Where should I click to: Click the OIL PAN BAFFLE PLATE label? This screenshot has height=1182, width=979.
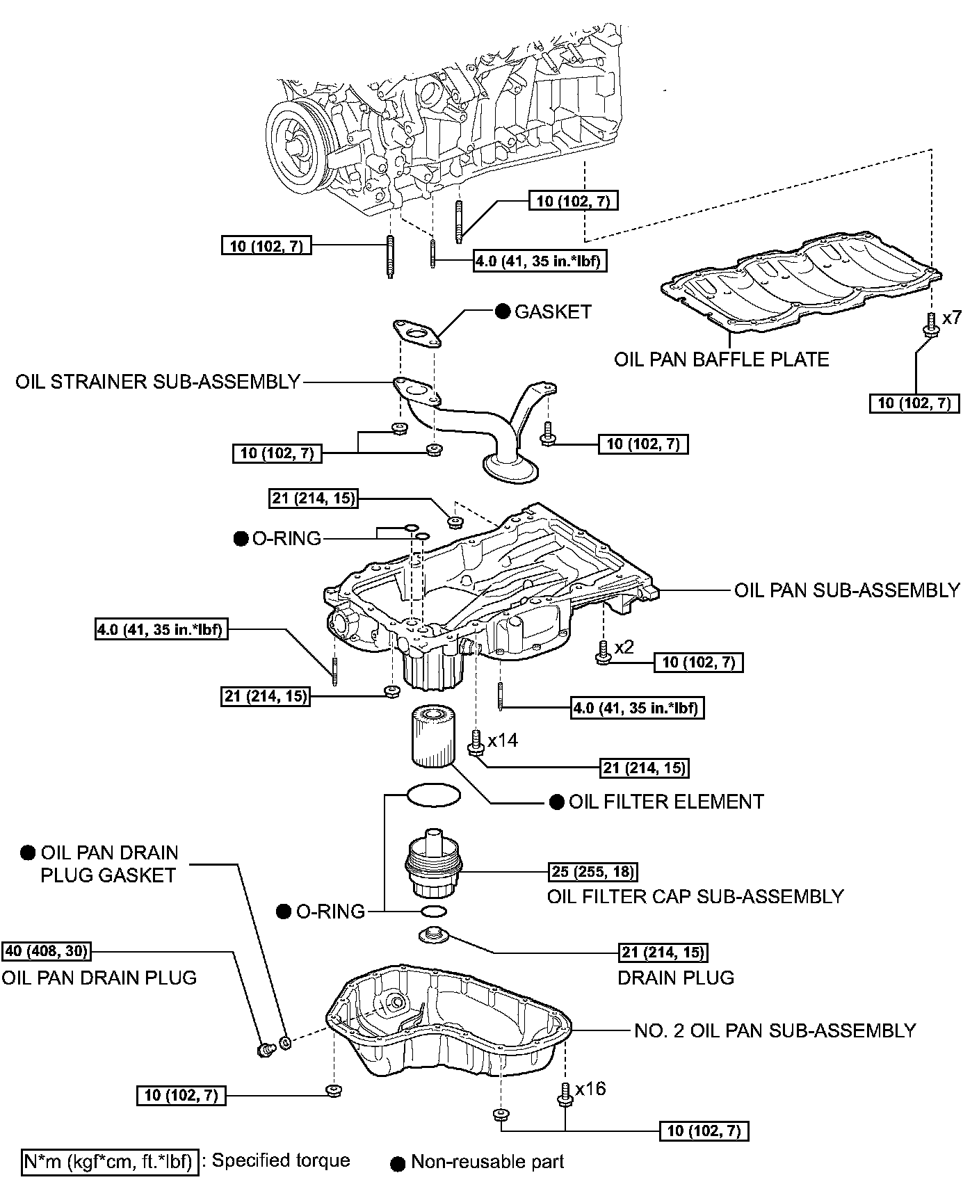pyautogui.click(x=721, y=359)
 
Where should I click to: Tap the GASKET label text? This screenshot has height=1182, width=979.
pyautogui.click(x=553, y=311)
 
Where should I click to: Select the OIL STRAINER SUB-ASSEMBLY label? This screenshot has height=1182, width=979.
pyautogui.click(x=158, y=382)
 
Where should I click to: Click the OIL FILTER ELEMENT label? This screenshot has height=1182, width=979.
pyautogui.click(x=665, y=802)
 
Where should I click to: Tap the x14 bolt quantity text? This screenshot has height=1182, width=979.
pyautogui.click(x=502, y=740)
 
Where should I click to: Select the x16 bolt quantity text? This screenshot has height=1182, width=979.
pyautogui.click(x=591, y=1088)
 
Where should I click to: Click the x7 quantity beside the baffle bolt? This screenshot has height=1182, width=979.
pyautogui.click(x=951, y=318)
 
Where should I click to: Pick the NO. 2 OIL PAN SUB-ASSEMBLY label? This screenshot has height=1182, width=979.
pyautogui.click(x=775, y=1030)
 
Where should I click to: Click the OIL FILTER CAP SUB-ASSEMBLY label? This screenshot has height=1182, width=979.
pyautogui.click(x=695, y=896)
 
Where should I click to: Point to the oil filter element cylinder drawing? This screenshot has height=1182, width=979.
pyautogui.click(x=432, y=736)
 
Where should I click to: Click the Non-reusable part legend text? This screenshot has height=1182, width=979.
pyautogui.click(x=487, y=1161)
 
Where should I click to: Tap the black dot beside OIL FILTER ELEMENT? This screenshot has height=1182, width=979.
pyautogui.click(x=556, y=802)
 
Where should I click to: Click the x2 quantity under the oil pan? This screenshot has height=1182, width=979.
pyautogui.click(x=624, y=647)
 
